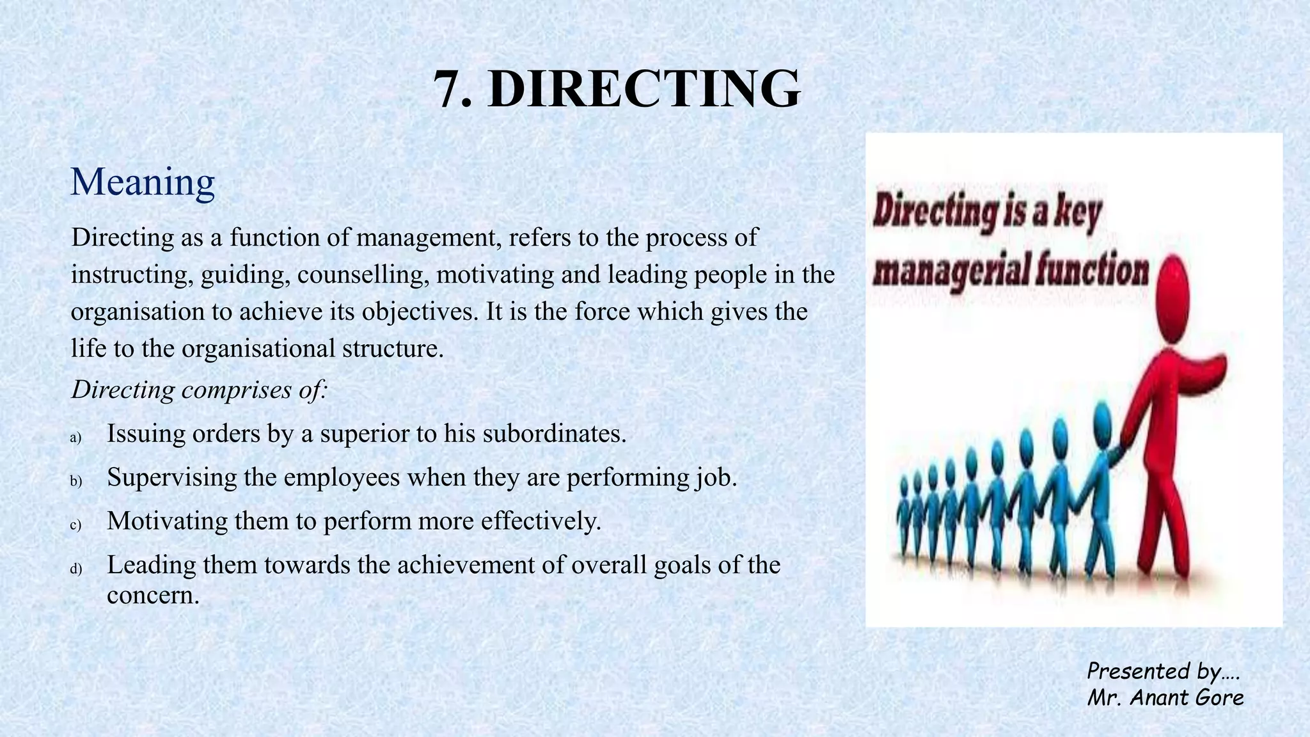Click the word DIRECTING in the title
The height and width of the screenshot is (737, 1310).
point(643,89)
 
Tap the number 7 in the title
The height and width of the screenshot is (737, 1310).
point(447,89)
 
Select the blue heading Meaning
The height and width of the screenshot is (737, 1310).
point(143,182)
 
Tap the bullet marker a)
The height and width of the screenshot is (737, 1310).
point(76,438)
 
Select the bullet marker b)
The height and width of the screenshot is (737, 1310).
point(76,481)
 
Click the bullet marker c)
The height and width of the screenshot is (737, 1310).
point(76,525)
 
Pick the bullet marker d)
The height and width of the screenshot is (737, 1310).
point(76,569)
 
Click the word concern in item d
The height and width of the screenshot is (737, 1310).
point(153,595)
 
